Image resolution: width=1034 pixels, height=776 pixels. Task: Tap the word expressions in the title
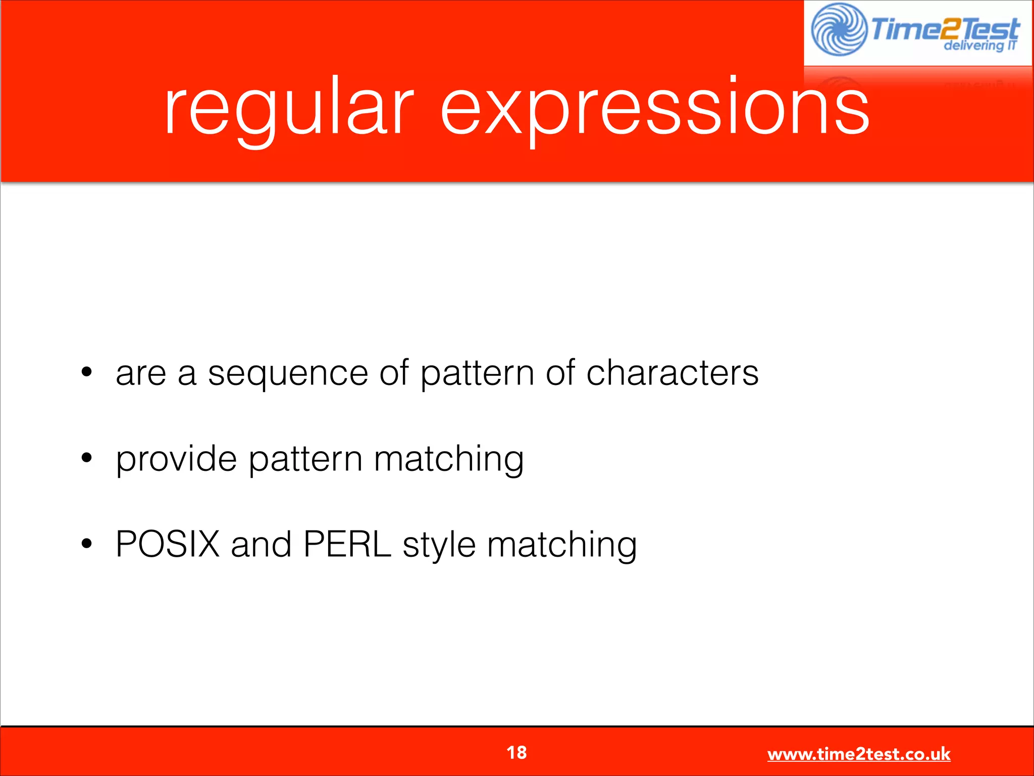(655, 109)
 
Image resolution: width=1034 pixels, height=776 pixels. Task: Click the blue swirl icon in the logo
(839, 29)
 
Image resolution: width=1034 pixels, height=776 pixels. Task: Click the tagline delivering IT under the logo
(979, 46)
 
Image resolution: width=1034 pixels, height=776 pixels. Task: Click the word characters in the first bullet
(672, 374)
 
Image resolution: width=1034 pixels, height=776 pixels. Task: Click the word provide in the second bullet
(176, 460)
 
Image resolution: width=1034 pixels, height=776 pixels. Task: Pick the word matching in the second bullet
(449, 460)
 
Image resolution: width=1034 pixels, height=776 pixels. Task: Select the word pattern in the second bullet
(305, 460)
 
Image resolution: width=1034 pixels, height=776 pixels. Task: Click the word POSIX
(168, 545)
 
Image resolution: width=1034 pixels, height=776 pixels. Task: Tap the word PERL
(347, 545)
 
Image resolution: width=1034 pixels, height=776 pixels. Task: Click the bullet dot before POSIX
(87, 544)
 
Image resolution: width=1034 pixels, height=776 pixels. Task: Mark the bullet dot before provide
(87, 458)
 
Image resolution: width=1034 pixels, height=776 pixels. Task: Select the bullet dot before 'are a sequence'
(87, 372)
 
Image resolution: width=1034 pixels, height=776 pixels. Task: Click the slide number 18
(516, 753)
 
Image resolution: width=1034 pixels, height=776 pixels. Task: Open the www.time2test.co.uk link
(858, 754)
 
